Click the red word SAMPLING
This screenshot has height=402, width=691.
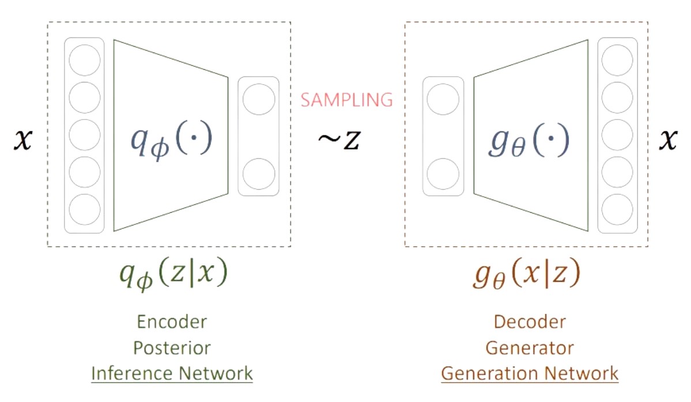point(346,100)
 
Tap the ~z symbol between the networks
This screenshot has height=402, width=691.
point(339,140)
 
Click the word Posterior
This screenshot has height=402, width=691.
point(172,348)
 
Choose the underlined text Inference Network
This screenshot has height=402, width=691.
point(172,373)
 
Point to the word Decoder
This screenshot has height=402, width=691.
point(530,321)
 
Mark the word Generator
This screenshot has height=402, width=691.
point(530,348)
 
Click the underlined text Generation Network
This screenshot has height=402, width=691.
point(530,373)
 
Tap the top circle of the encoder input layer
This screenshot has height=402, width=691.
point(85,60)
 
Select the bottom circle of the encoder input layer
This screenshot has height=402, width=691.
point(85,209)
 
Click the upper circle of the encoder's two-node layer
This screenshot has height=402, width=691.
point(259,99)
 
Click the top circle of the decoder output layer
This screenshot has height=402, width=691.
point(617,60)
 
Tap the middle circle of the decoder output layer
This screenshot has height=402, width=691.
point(617,135)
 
